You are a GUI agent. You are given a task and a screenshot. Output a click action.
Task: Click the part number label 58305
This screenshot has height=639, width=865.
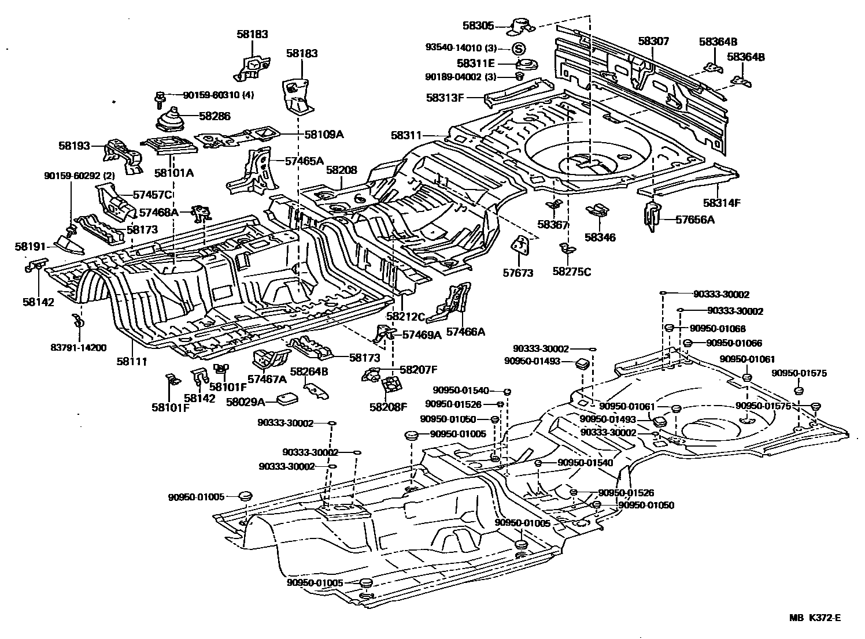[x=478, y=25]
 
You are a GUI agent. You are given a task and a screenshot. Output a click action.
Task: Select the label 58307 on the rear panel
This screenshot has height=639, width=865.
[x=653, y=42]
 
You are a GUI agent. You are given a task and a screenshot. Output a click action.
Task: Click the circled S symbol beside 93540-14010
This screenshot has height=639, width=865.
[x=519, y=49]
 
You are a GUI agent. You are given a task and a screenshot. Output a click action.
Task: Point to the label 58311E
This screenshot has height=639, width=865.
[x=475, y=64]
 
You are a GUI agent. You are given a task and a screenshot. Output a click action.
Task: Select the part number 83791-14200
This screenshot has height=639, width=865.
[x=79, y=347]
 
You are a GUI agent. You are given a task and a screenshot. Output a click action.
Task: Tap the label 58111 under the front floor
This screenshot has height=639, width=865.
[x=132, y=361]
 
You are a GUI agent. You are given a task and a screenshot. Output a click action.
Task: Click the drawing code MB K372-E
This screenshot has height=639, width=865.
[x=815, y=618]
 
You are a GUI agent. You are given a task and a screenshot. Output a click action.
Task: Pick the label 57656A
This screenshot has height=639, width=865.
[x=695, y=220]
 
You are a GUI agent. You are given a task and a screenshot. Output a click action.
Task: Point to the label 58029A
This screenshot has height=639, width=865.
[x=245, y=401]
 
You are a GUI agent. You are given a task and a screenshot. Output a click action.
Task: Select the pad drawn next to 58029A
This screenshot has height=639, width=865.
[x=287, y=399]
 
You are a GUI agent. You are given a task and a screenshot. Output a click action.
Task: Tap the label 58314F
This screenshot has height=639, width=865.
[x=722, y=202]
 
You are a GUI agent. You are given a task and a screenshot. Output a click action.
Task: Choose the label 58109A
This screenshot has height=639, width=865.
[x=324, y=134]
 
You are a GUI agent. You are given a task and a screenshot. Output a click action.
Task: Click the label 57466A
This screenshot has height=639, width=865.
[x=465, y=332]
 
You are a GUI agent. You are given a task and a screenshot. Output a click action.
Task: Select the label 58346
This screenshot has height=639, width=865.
[x=600, y=237]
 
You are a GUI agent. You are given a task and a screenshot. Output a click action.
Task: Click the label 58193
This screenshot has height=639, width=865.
[x=74, y=146]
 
